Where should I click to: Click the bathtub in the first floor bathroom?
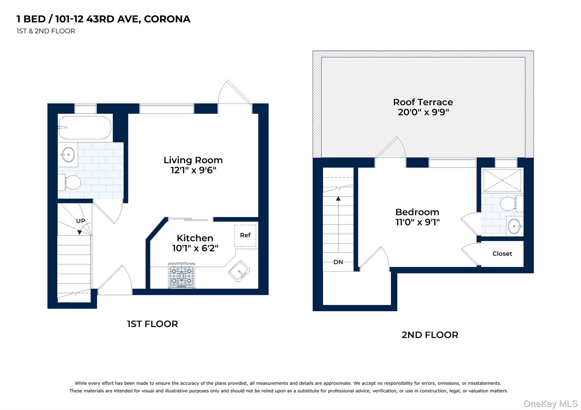[x=85, y=128]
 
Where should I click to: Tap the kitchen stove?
[x=182, y=275]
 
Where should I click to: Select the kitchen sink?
[x=239, y=271]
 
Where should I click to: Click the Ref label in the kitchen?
[x=245, y=235]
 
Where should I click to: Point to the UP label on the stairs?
[x=81, y=221]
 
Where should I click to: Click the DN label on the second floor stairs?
[x=338, y=262]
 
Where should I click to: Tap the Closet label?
[x=502, y=254]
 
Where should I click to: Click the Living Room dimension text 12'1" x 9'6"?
[x=193, y=170]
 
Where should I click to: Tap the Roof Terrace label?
[x=423, y=102]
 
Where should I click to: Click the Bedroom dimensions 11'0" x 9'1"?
[x=417, y=222]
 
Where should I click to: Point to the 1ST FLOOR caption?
[x=152, y=324]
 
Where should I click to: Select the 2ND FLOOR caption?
[x=430, y=335]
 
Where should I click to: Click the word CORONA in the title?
[x=167, y=19]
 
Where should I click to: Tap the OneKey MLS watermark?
[x=550, y=403]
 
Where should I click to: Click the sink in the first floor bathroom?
[x=68, y=155]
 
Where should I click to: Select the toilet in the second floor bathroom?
[x=509, y=204]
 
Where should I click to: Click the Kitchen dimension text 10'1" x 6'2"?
[x=195, y=248]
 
